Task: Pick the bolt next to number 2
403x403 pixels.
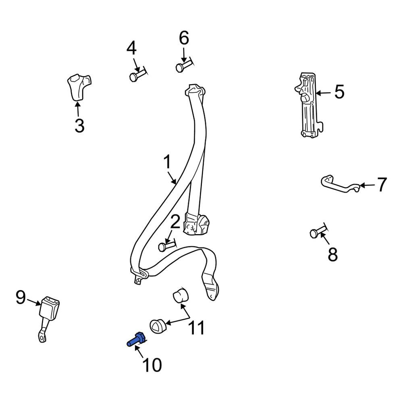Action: coord(167,245)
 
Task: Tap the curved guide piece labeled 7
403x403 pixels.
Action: coord(340,184)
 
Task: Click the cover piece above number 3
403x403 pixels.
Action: coord(79,87)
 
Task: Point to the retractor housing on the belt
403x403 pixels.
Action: coord(196,223)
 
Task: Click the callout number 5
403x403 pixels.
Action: coord(339,91)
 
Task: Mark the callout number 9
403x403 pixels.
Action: coord(21,297)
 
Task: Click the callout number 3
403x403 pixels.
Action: coord(79,125)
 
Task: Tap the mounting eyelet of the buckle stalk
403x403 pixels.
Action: coord(42,336)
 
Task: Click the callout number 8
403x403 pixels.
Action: coord(332,254)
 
